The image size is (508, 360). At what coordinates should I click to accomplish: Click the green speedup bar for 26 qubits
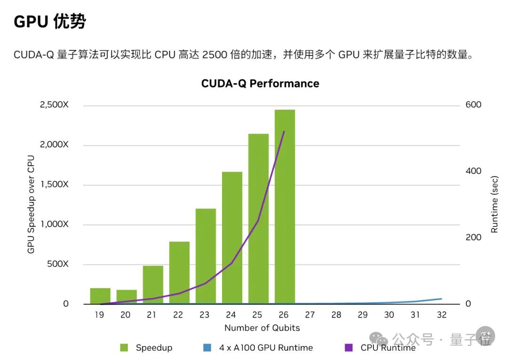pos(285,207)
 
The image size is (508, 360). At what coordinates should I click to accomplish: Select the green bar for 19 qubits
pos(100,296)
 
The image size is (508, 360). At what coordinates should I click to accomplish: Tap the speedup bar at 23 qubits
pos(206,256)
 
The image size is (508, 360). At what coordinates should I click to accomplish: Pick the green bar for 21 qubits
pos(153,285)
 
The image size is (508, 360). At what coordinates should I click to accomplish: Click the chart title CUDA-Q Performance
pos(260,84)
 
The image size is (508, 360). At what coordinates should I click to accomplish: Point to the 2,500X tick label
pos(54,104)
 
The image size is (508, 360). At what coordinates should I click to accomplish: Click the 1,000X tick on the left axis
pos(54,224)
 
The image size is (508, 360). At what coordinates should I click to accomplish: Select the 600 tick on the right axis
pos(474,104)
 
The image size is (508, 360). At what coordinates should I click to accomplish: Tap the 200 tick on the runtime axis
pos(474,237)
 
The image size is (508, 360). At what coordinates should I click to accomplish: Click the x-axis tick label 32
pos(442,315)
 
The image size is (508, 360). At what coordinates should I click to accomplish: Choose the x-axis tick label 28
pos(336,315)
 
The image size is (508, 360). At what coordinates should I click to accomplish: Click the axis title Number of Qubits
pos(262,328)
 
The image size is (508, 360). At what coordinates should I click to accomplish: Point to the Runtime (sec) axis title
pos(494,204)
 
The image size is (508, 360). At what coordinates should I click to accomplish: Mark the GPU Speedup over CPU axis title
pos(31,204)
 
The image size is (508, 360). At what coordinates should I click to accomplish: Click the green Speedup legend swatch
pos(124,348)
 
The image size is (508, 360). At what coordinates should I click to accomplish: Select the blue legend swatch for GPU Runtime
pos(207,348)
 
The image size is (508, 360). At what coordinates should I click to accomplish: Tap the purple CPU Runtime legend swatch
pos(349,348)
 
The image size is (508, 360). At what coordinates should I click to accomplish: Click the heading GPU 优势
pos(50,22)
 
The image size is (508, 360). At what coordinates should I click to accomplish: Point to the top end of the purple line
pos(284,131)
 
